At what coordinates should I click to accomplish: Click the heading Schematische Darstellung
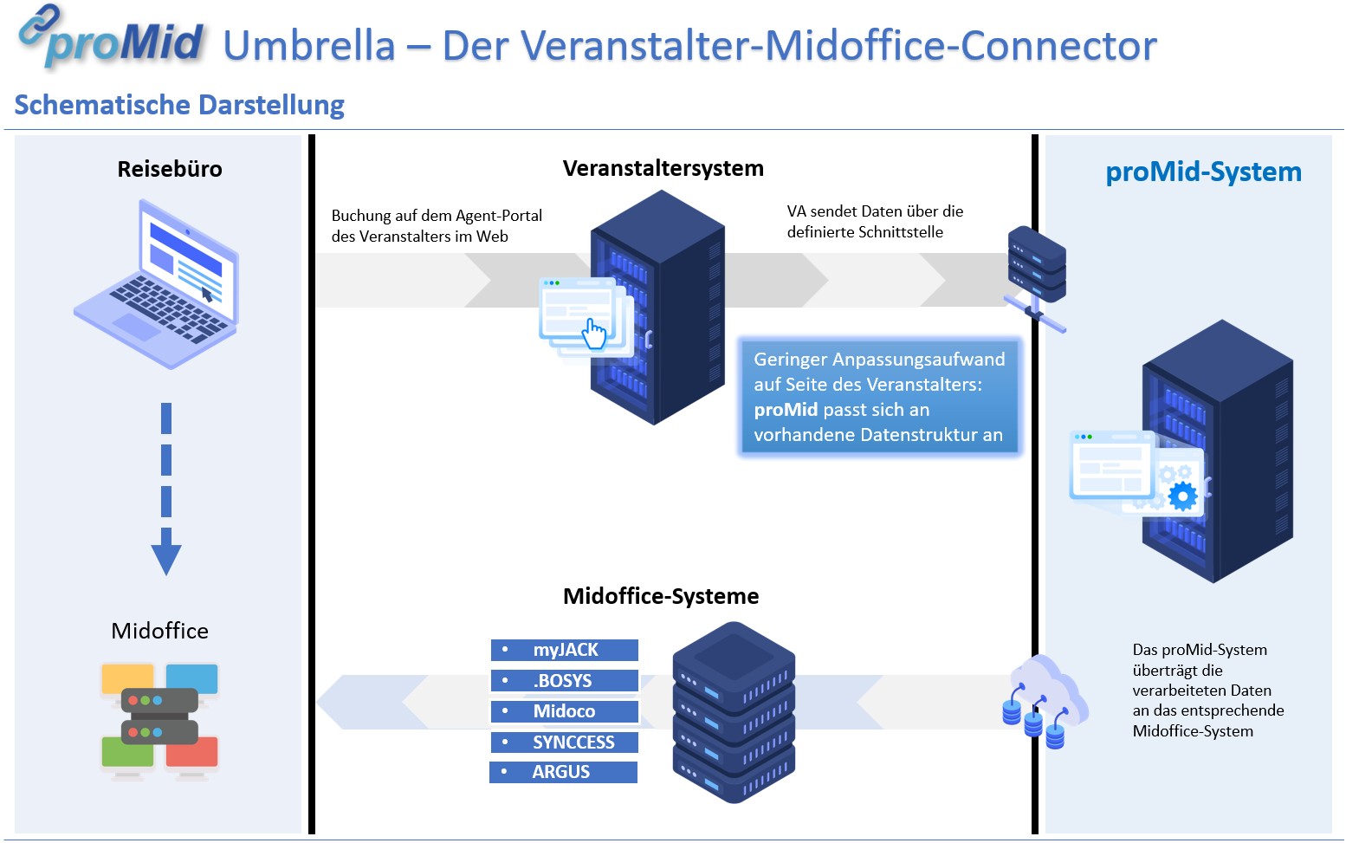[179, 105]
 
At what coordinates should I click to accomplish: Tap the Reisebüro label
[170, 169]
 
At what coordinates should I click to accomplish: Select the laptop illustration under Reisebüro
[158, 284]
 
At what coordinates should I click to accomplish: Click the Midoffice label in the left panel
[159, 631]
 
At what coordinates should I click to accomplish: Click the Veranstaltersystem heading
[663, 168]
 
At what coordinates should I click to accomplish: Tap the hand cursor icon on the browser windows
[595, 334]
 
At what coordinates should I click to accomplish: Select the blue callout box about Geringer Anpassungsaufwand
[878, 397]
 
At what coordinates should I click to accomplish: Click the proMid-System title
[1203, 172]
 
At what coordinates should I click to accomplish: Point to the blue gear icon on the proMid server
[1182, 496]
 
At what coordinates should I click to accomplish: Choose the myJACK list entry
[565, 650]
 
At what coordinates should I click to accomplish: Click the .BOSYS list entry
[564, 681]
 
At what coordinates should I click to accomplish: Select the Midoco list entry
[564, 711]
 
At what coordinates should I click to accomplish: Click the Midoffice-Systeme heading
[661, 596]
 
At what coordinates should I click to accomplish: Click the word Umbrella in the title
[309, 45]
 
